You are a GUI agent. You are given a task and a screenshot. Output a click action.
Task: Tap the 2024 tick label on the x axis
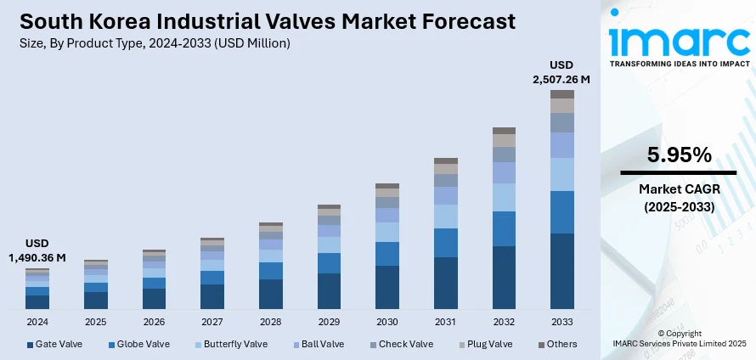(x=37, y=323)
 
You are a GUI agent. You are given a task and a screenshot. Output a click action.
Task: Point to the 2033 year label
(x=561, y=323)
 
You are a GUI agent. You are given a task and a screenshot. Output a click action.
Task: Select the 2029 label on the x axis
(x=329, y=323)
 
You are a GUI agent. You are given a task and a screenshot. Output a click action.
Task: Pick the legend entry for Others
(x=557, y=344)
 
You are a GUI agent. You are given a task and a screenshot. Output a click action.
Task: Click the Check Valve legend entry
(x=402, y=344)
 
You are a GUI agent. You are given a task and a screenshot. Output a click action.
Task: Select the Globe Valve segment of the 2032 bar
(x=504, y=228)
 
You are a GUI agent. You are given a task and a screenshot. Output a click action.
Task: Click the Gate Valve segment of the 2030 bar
(x=387, y=286)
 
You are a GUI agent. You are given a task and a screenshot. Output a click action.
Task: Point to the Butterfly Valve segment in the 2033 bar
(x=561, y=174)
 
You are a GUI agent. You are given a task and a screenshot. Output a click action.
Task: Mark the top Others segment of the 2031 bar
(x=445, y=160)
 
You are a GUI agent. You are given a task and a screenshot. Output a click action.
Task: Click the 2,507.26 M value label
(x=561, y=79)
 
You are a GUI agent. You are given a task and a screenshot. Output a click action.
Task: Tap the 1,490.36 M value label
(x=37, y=257)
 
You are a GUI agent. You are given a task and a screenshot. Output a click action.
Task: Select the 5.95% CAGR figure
(x=678, y=155)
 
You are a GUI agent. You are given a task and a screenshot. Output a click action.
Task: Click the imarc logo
(x=679, y=38)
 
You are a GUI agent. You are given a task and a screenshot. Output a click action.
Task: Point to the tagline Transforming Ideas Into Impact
(x=679, y=64)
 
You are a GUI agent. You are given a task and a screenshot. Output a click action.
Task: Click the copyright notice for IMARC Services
(x=679, y=338)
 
